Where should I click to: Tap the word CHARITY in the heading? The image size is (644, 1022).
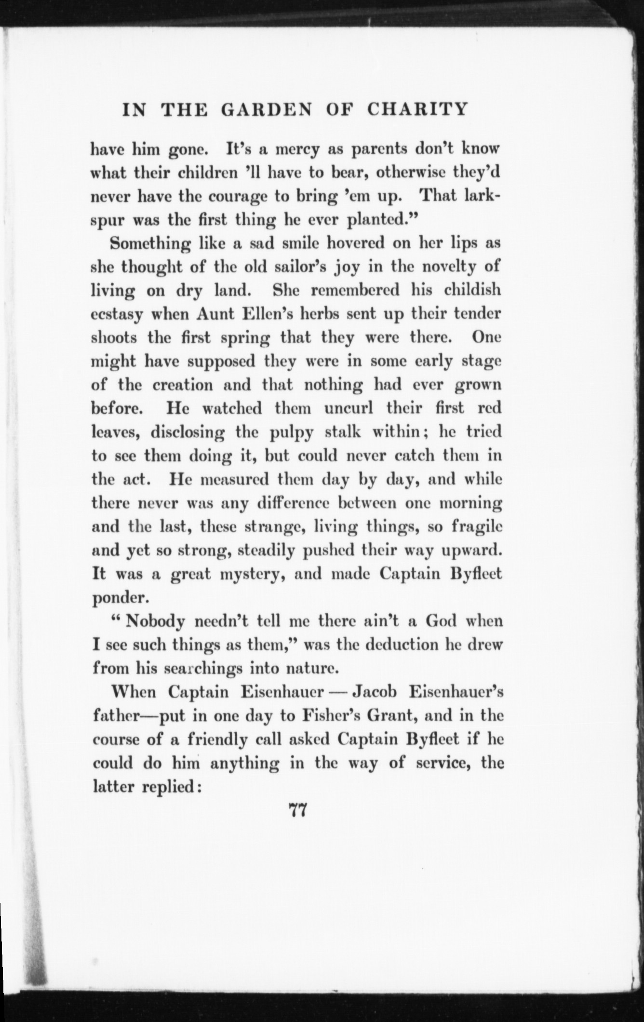pos(417,109)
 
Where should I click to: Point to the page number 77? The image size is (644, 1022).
pos(297,811)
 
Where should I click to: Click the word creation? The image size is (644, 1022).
pos(183,385)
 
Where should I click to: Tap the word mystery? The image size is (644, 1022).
pos(251,575)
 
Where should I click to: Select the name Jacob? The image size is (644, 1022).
pos(375,692)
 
